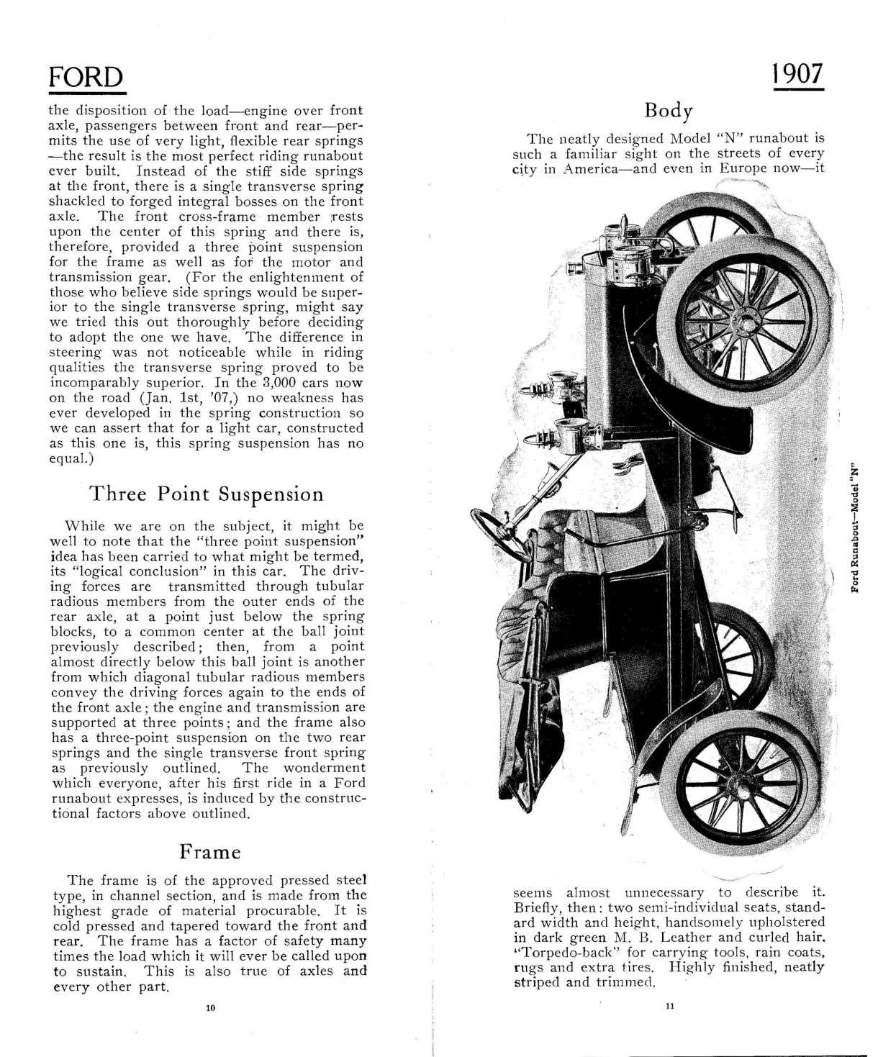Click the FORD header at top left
(x=86, y=77)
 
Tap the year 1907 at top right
(x=797, y=73)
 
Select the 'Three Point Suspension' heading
(x=206, y=494)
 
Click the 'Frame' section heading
(x=209, y=852)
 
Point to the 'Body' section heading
(x=669, y=110)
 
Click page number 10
(x=210, y=1008)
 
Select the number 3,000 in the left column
(x=286, y=383)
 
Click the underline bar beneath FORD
(x=87, y=92)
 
